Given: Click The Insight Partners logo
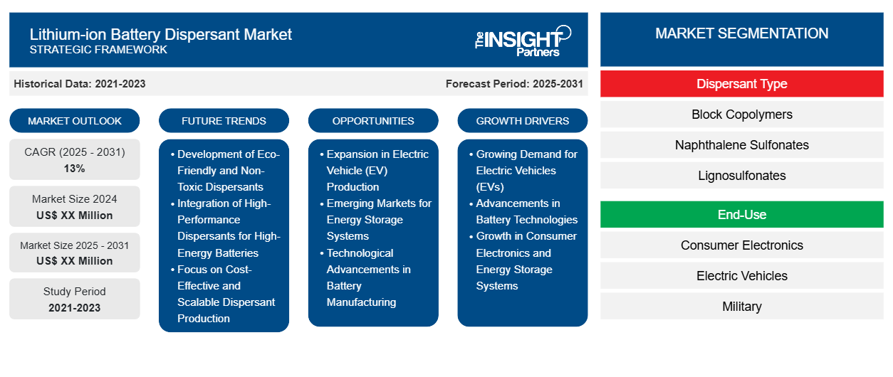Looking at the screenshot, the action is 523,41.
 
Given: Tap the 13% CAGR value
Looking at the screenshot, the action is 75,169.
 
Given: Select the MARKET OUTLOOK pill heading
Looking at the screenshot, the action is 75,121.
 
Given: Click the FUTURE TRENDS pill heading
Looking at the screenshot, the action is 224,121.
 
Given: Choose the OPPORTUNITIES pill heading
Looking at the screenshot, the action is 373,121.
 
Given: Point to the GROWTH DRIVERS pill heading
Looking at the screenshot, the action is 522,121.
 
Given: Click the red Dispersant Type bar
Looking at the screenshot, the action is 741,84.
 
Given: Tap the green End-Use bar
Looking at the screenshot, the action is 741,214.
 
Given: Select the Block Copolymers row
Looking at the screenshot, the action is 741,115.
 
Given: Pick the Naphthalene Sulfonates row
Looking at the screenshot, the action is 741,145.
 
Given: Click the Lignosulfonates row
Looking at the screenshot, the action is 741,176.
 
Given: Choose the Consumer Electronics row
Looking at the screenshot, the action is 741,245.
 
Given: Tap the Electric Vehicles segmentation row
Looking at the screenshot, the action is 741,275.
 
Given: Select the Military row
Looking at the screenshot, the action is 741,306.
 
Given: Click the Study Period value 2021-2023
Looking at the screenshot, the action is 75,308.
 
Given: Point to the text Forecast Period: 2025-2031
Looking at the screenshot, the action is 514,84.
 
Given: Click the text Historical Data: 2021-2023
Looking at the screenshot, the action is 80,84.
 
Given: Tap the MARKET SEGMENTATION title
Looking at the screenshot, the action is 741,33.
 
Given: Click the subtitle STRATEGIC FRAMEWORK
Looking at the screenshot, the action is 98,49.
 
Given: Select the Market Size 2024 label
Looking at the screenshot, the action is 75,198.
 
